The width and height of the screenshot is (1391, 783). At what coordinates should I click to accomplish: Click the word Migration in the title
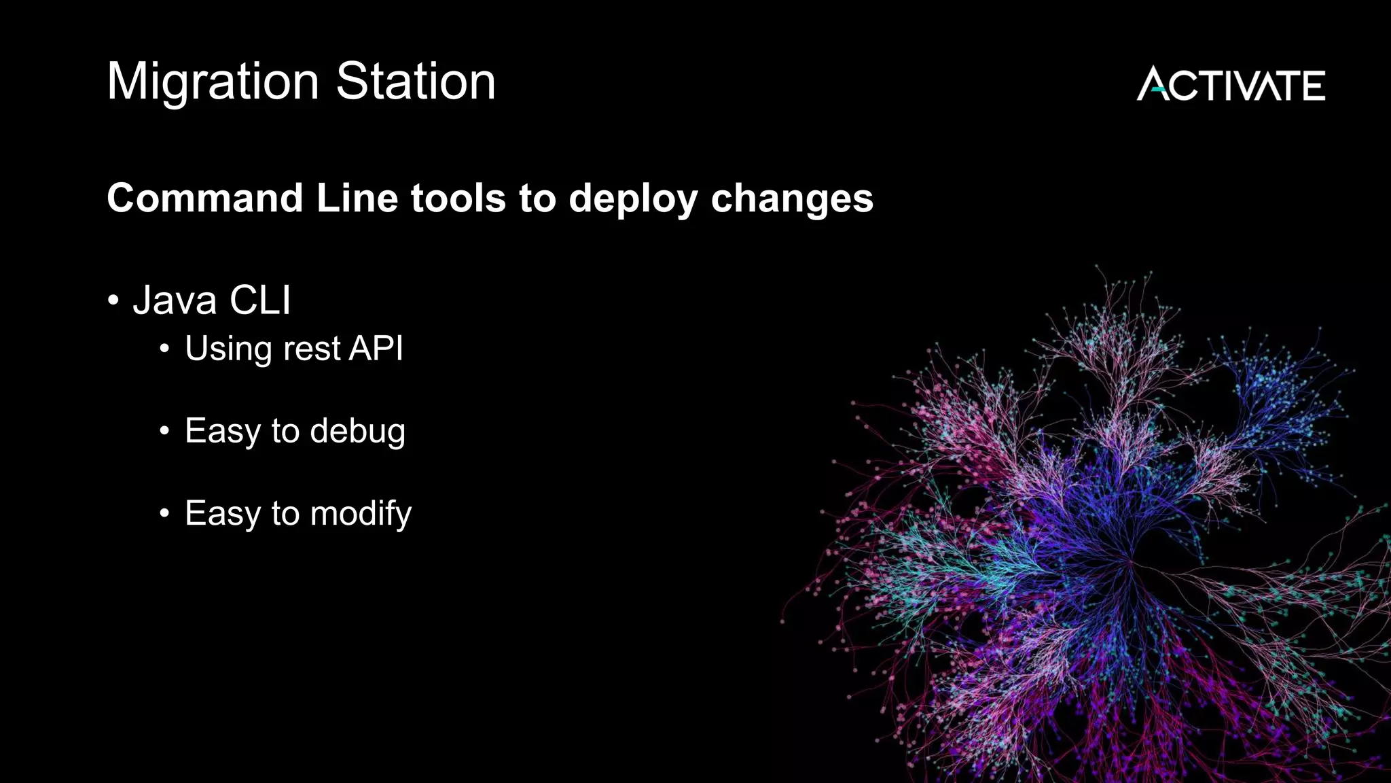[213, 82]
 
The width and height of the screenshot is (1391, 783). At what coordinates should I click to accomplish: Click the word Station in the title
[416, 81]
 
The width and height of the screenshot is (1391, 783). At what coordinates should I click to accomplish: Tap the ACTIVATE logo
[1231, 84]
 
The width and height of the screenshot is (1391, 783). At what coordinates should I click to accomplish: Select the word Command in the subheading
[204, 198]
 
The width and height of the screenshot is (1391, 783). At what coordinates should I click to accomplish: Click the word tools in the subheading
[458, 198]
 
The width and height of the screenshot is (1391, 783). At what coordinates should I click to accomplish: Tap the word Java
[175, 300]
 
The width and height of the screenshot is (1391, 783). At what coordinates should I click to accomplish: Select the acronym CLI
[260, 300]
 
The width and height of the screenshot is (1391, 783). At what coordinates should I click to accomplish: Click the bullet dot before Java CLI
[113, 300]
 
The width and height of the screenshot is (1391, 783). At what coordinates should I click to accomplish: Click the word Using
[228, 349]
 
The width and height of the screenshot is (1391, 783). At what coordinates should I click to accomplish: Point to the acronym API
[376, 348]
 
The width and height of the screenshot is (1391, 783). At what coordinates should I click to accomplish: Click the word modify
[361, 514]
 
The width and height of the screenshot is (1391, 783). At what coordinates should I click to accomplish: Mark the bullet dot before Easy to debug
[164, 431]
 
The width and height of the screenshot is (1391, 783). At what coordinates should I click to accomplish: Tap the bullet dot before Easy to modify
[164, 513]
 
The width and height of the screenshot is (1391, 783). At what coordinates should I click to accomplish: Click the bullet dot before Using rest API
[164, 349]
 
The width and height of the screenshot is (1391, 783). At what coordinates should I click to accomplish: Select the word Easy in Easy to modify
[222, 514]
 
